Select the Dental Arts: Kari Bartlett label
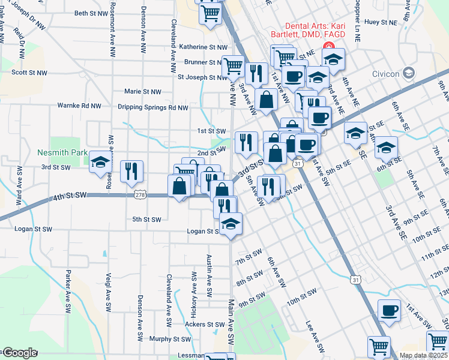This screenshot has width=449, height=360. pos(307,35)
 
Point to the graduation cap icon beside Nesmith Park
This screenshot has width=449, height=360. pos(100,163)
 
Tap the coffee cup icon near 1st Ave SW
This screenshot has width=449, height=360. pos(389,311)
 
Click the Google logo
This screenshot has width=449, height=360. pos(19,353)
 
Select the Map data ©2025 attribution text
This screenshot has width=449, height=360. pos(423,356)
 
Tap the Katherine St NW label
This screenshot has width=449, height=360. pos(204,47)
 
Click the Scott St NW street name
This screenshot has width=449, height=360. pos(29,73)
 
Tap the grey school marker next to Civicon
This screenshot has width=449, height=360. pos(409,73)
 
